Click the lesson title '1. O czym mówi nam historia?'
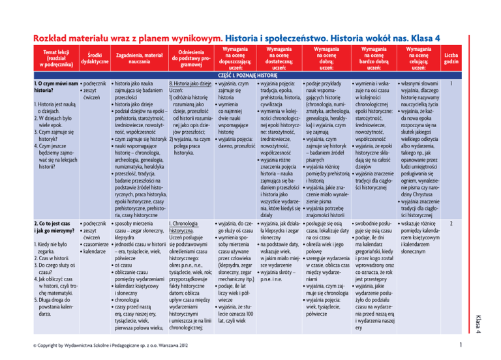click(57, 87)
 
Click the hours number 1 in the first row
click(451, 83)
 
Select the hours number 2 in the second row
click(451, 224)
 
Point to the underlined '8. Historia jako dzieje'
click(189, 83)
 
